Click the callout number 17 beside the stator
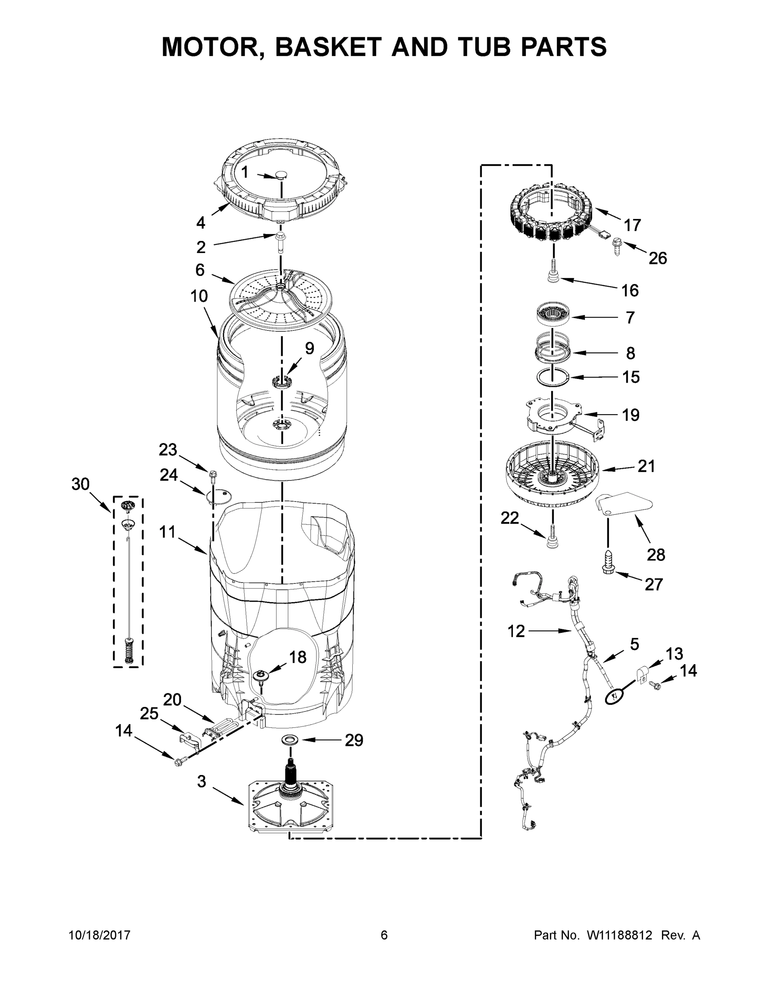click(632, 225)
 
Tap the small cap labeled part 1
click(282, 175)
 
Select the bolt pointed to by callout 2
click(280, 240)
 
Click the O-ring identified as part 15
click(552, 377)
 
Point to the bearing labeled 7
click(553, 315)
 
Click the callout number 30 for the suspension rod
click(81, 484)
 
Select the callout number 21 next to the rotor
click(645, 466)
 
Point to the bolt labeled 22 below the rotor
click(552, 537)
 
